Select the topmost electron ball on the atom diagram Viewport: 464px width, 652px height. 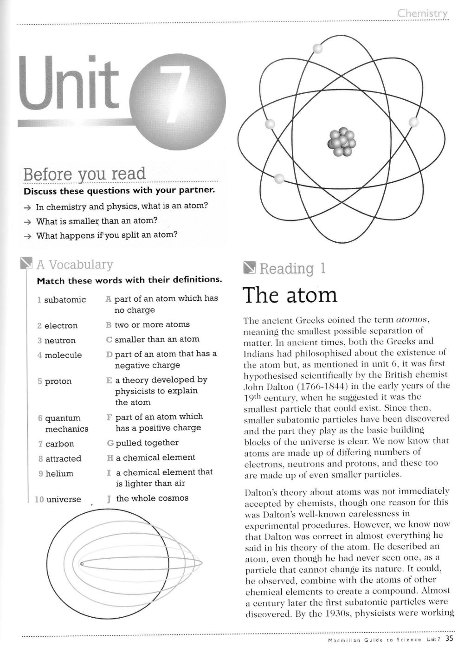click(317, 48)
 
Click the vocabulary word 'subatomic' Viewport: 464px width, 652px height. click(65, 300)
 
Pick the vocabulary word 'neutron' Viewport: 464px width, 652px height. click(60, 341)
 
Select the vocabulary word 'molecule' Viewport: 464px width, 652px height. click(63, 355)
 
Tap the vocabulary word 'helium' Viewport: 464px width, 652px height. click(59, 474)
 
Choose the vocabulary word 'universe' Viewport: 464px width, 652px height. click(64, 499)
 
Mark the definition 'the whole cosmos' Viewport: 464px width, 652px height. click(152, 498)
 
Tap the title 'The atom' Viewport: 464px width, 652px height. click(290, 295)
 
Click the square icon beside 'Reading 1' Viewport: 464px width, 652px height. click(249, 268)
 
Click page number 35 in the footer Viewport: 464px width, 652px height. click(449, 639)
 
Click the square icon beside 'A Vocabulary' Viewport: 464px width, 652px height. click(26, 264)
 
